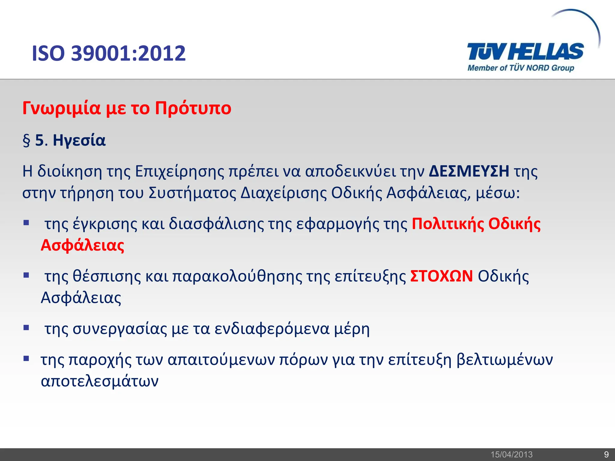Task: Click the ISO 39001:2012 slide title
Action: coord(109,53)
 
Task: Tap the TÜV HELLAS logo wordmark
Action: coord(525,52)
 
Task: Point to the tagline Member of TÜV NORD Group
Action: coord(521,68)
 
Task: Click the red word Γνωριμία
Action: coord(62,108)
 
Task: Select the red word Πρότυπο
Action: coord(193,109)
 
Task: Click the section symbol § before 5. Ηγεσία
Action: coord(26,140)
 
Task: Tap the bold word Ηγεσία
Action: coord(79,140)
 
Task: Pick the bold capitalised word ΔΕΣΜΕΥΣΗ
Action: coord(469,171)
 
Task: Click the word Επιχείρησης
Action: coord(180,172)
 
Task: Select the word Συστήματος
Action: coord(192,193)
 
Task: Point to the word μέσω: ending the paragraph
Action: coord(498,194)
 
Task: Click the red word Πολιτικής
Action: coord(447,224)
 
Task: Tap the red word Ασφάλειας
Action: coord(83,246)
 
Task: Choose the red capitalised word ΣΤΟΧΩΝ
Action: coord(441,276)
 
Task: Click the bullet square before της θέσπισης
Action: coord(26,275)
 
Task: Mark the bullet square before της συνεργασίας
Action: coord(26,327)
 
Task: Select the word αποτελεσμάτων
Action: coord(100,381)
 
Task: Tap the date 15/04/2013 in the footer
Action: coord(511,454)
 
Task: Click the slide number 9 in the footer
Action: coord(606,454)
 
